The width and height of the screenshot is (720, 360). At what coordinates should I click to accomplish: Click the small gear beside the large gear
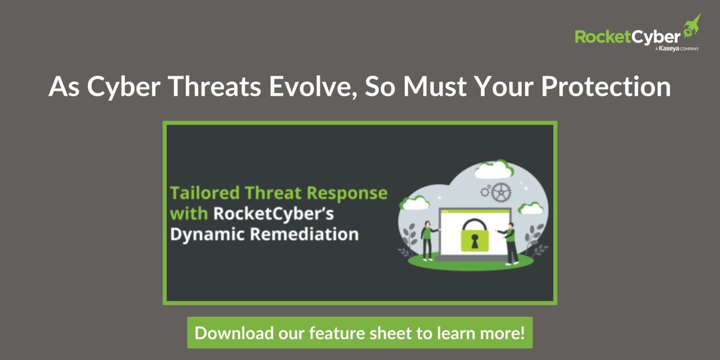point(484,191)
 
